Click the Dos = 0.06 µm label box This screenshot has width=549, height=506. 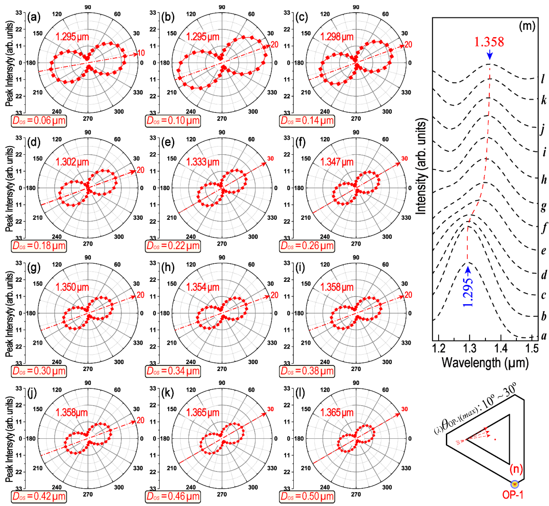pos(39,121)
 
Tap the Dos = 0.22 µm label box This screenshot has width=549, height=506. pos(173,246)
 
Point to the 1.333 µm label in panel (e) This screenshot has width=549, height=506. pos(203,162)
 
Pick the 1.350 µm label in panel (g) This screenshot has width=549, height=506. pos(72,287)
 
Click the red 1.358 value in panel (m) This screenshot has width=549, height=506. pos(489,42)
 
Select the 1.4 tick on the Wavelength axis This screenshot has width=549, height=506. pos(501,348)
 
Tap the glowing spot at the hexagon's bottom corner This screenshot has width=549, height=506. pos(515,484)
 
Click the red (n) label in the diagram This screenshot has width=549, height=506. pos(516,469)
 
